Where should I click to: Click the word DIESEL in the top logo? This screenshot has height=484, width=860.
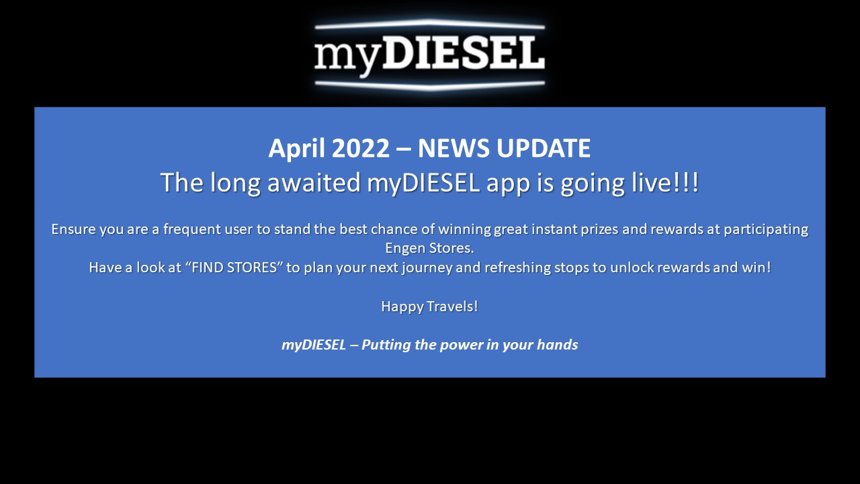tap(464, 53)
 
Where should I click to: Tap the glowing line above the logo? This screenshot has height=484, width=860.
tap(429, 24)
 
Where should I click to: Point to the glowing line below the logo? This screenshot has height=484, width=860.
tap(429, 85)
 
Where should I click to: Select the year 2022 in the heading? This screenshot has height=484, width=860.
tap(361, 149)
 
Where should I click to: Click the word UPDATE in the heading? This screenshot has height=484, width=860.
tap(544, 149)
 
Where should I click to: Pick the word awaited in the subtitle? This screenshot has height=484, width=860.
tap(314, 182)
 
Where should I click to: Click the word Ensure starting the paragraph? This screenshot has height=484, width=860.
tap(73, 229)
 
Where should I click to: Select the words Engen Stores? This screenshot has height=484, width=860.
tap(429, 249)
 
